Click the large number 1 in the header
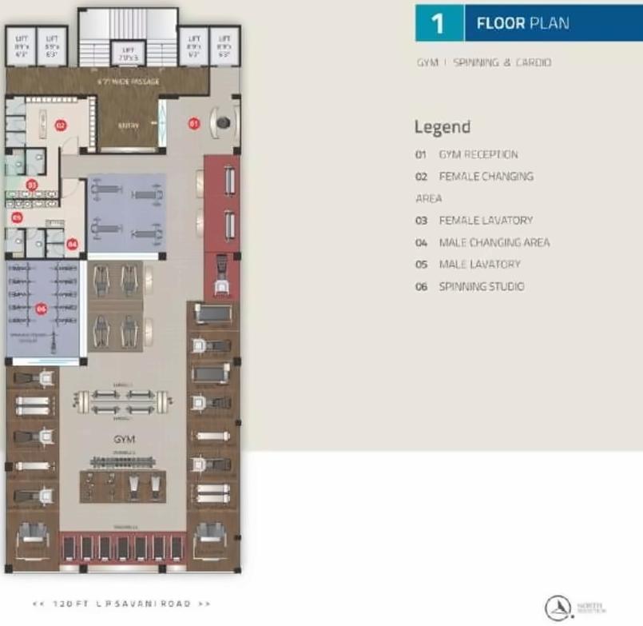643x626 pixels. click(438, 23)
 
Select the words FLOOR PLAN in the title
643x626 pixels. click(522, 23)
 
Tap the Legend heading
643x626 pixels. click(442, 127)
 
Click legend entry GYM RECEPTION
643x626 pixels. click(478, 154)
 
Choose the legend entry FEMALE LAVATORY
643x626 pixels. click(485, 220)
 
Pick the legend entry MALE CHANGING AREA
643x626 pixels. click(494, 242)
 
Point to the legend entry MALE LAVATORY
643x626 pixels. click(479, 264)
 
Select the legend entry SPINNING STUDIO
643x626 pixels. click(481, 286)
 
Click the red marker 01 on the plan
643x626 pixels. click(193, 123)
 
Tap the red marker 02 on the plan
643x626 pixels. click(60, 125)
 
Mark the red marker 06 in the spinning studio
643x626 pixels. click(42, 308)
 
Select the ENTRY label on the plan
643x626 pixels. click(128, 126)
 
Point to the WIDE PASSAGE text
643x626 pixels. click(128, 82)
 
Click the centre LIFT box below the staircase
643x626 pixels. click(127, 53)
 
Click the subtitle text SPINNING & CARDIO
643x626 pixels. click(502, 62)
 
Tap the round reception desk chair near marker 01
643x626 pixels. click(223, 122)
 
